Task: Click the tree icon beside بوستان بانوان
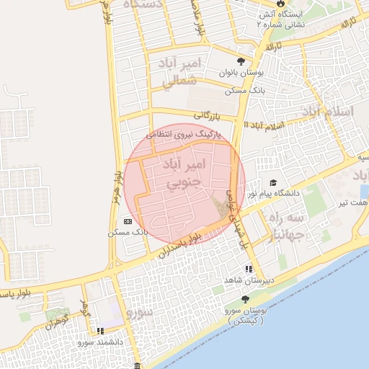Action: (x=241, y=61)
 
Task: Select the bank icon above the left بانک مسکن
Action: (x=128, y=221)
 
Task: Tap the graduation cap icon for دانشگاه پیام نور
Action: (x=273, y=183)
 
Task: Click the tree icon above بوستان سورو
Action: (x=246, y=298)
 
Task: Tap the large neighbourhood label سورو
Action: (x=140, y=313)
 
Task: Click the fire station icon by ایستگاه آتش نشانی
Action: (x=260, y=24)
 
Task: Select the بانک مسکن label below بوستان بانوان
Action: (x=246, y=91)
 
